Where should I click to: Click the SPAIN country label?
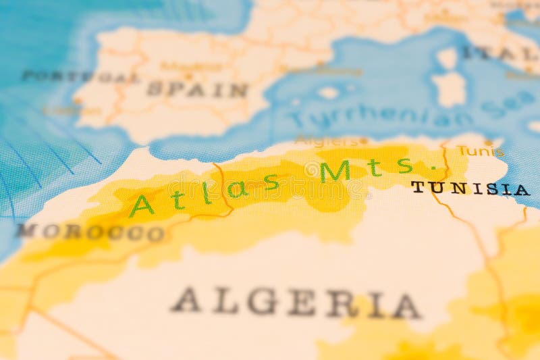(197, 89)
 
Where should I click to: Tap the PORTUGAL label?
(80, 76)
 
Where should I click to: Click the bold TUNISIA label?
(470, 188)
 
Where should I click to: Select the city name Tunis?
(480, 151)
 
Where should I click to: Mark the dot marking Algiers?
(363, 141)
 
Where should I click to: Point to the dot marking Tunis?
(488, 143)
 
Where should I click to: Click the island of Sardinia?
(449, 88)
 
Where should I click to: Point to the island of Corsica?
(447, 58)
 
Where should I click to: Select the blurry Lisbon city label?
(62, 110)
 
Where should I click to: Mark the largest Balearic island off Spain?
(329, 93)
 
